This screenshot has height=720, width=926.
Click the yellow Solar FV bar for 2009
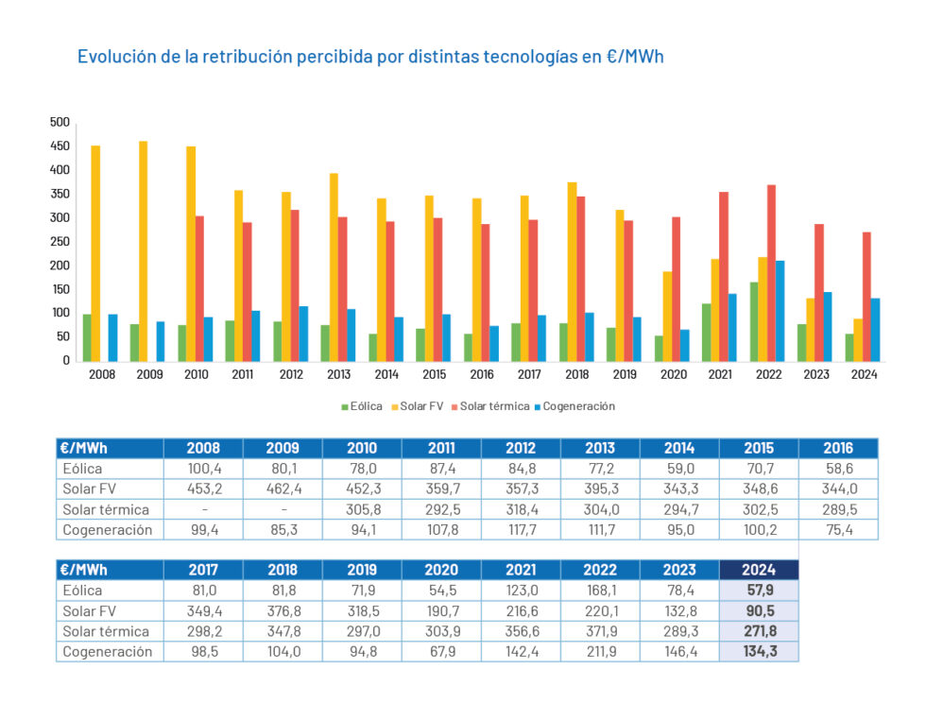point(143,251)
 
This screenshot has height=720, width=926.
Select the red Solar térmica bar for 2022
point(772,273)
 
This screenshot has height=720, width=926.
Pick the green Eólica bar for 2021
point(706,332)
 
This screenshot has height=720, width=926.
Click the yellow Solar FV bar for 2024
point(858,339)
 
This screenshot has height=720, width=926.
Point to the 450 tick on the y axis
point(60,146)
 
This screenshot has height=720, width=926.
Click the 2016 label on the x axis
point(482,373)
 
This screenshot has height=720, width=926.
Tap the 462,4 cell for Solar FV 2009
point(282,489)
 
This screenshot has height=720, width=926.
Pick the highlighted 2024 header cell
point(759,570)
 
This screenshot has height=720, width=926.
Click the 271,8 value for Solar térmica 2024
point(759,630)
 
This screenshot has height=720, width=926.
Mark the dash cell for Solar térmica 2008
point(202,509)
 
